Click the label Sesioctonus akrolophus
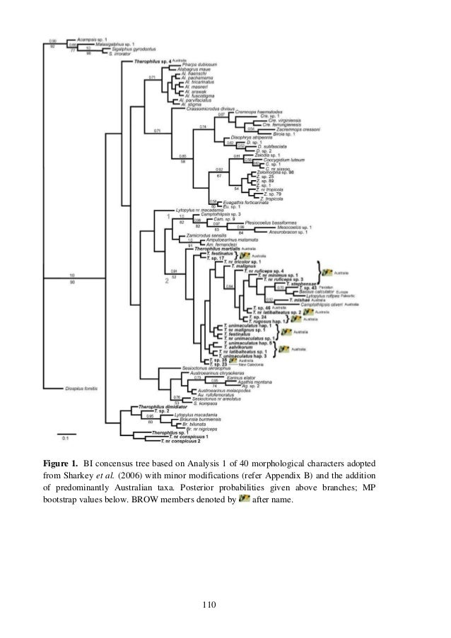point(204,369)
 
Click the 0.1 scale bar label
point(63,438)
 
